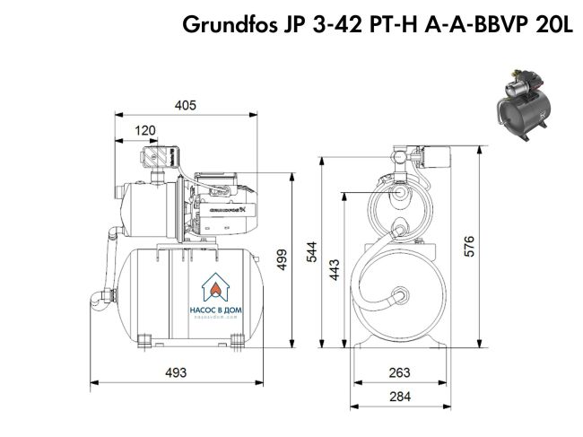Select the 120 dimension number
[x=144, y=131]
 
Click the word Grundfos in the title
[x=228, y=25]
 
